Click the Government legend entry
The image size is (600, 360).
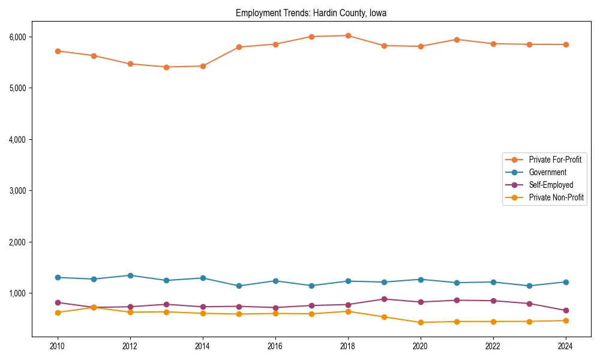[547, 172]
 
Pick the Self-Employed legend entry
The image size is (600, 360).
[551, 185]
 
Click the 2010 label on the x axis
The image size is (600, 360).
[58, 346]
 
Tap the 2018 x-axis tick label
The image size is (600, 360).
[348, 346]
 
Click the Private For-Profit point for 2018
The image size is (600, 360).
[348, 35]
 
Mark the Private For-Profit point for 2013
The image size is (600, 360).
[166, 67]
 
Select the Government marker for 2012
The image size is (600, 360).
[130, 275]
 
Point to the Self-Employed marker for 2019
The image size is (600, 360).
[384, 299]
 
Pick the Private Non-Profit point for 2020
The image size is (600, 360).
[421, 322]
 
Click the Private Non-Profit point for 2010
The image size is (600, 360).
[58, 313]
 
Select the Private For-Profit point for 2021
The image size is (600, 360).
[457, 40]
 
